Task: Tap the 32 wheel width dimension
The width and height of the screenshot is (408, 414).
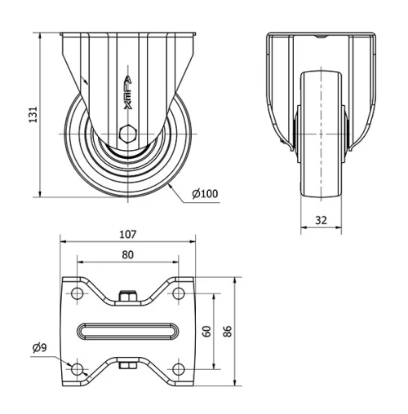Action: click(321, 219)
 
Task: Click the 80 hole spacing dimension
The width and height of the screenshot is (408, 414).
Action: click(127, 254)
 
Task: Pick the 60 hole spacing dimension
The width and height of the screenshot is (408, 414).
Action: click(207, 331)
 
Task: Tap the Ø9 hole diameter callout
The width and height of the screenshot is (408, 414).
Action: click(39, 348)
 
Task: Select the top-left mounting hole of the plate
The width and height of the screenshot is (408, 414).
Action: click(78, 293)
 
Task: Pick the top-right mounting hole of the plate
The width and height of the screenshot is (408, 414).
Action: click(177, 293)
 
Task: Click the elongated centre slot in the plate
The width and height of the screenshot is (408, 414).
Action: click(127, 331)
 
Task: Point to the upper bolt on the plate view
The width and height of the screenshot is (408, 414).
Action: click(127, 294)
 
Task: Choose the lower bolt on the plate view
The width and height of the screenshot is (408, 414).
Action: click(127, 367)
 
